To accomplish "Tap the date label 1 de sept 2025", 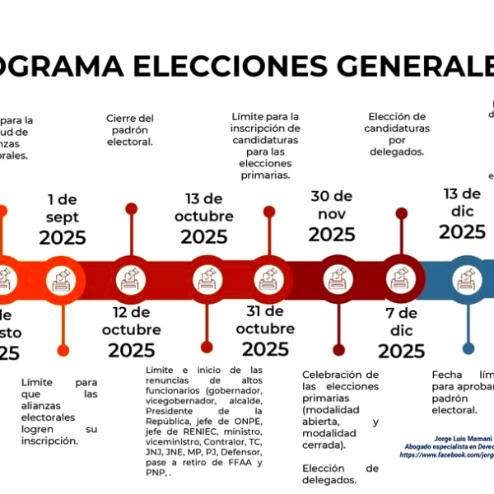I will click(62, 218).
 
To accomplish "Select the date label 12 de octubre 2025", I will click(132, 332).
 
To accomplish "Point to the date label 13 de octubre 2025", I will click(204, 218).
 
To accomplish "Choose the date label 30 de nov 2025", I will click(332, 216).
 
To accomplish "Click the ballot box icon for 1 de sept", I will click(62, 279).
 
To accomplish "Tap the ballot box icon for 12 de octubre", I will click(130, 279).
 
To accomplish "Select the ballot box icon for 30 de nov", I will click(338, 279).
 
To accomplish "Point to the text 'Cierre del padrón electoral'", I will click(130, 129).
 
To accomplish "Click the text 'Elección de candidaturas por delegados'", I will click(397, 134).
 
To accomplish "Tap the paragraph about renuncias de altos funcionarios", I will click(204, 421).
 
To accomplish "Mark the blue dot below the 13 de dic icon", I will click(468, 347).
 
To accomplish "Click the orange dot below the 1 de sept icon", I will click(62, 347).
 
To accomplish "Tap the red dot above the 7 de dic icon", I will click(401, 212).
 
